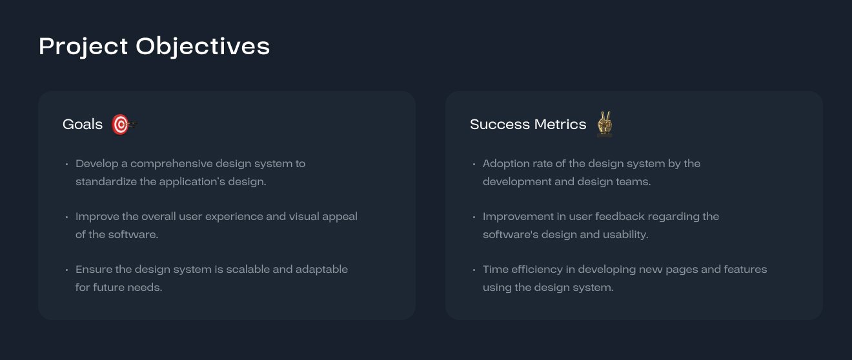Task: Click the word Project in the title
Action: pos(83,47)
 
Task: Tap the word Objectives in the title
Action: pos(203,47)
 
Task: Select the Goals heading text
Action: pos(83,125)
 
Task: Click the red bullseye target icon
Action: pos(124,125)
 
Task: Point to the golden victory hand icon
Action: pos(604,124)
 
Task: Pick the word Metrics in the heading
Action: pos(560,125)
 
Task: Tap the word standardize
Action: pos(106,182)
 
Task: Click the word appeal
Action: pos(340,217)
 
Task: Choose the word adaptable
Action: pos(322,270)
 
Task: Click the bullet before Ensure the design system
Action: pos(66,270)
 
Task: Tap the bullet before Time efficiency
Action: pos(474,270)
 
